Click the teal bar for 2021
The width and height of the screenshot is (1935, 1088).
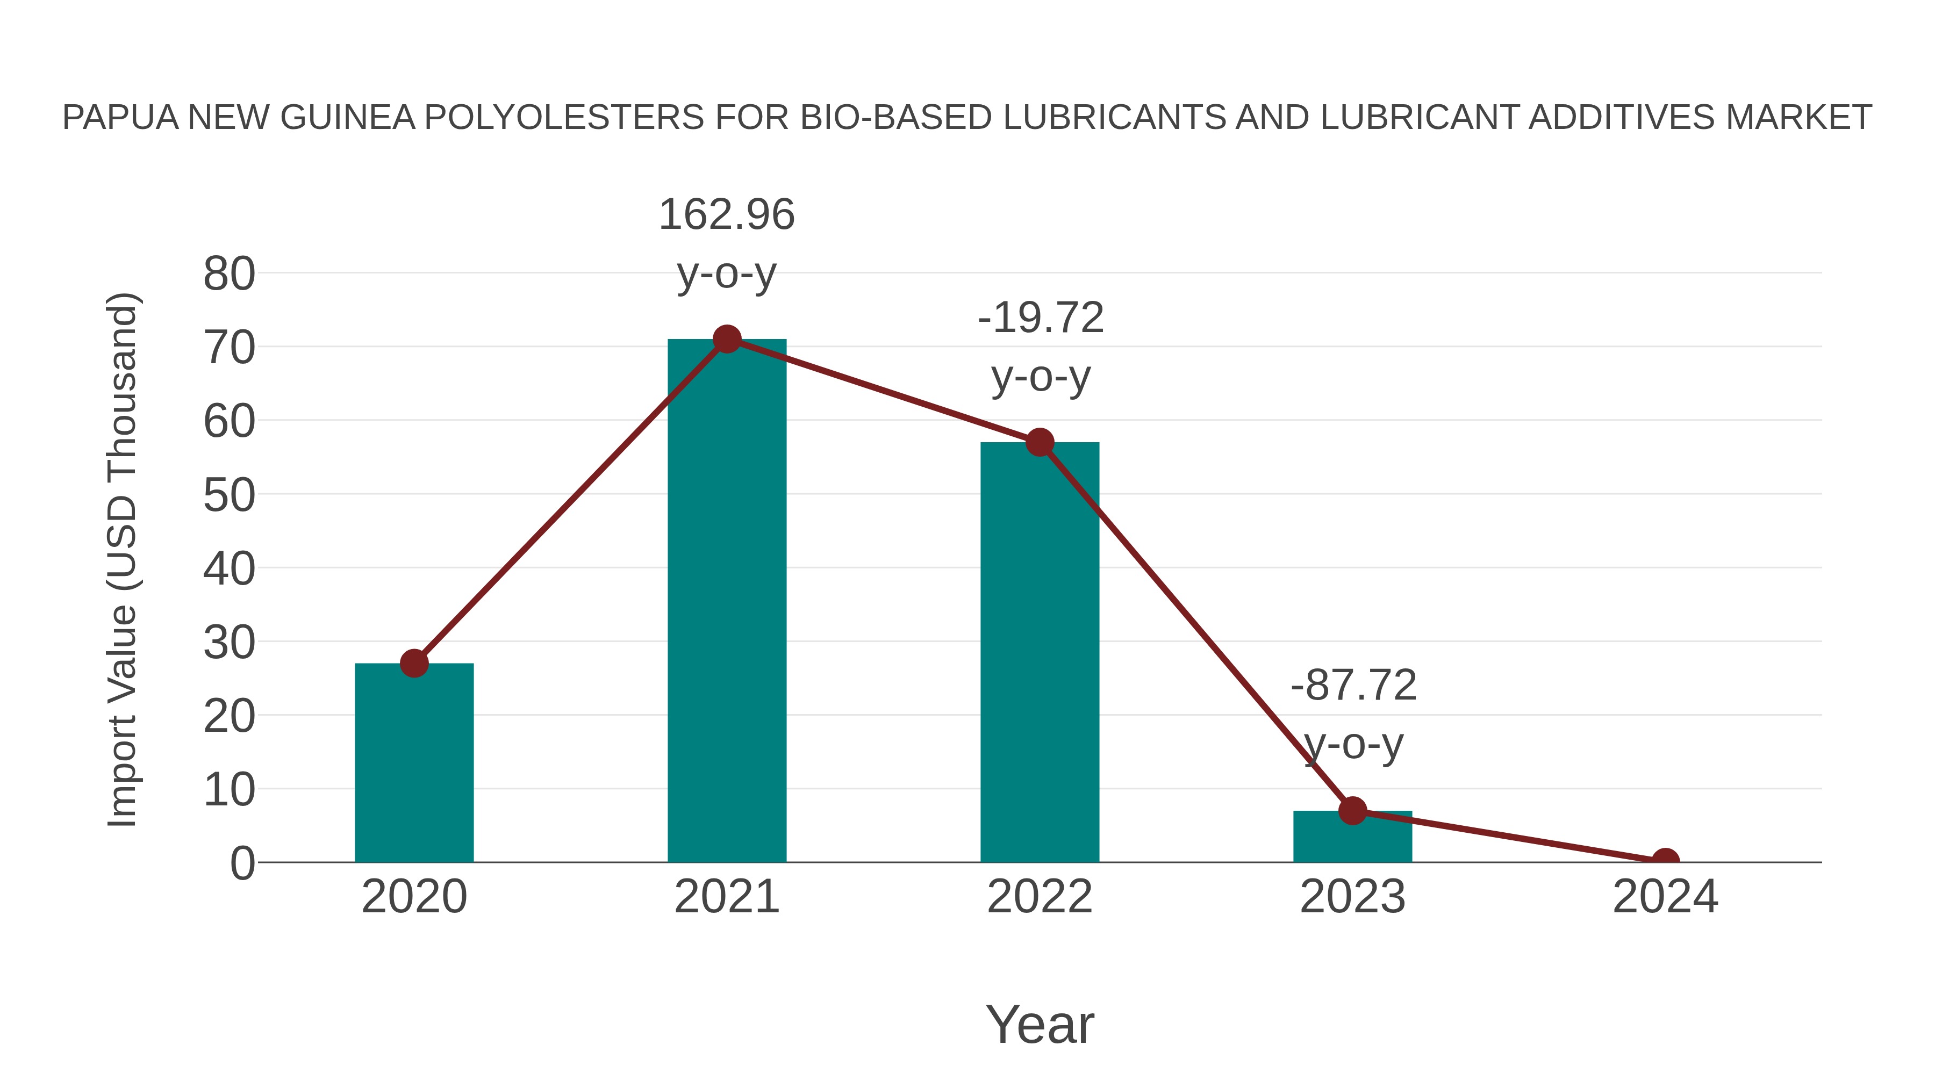726,601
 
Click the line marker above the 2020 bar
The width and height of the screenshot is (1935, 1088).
414,663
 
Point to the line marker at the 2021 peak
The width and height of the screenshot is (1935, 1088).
726,340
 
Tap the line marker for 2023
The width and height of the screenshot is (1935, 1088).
1352,811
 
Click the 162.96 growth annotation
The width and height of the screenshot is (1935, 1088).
726,216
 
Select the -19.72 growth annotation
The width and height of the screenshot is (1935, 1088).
1041,319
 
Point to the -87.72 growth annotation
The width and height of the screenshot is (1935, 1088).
1353,686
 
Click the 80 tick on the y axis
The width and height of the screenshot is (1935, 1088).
229,274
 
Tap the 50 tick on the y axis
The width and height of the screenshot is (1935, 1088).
229,495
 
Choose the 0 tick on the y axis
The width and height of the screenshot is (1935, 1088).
242,863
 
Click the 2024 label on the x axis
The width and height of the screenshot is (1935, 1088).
1665,897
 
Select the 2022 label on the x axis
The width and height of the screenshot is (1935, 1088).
1040,897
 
